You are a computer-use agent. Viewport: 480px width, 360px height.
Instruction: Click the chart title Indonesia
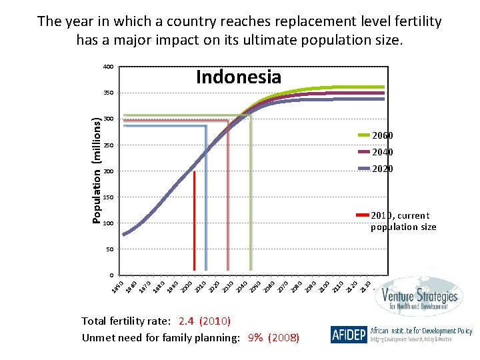tap(239, 77)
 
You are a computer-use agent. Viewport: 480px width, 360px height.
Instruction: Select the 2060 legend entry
tap(383, 135)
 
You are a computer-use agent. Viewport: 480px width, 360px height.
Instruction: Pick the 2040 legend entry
tap(383, 152)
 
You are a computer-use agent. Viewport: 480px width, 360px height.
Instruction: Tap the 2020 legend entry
tap(383, 169)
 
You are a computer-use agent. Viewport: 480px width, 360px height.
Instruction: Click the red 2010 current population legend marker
tap(363, 215)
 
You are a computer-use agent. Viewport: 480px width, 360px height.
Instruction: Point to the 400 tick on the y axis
tap(108, 67)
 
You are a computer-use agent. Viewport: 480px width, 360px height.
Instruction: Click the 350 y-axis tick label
tap(108, 93)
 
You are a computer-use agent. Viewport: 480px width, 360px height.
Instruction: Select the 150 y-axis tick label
tap(108, 197)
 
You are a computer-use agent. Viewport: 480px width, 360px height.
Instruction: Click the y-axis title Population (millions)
tap(97, 170)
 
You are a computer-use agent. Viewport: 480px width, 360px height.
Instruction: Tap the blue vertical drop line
tap(206, 200)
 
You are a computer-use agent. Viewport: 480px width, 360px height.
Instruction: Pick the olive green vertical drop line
tap(250, 193)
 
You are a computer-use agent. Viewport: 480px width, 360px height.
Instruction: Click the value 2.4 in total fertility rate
tap(186, 321)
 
